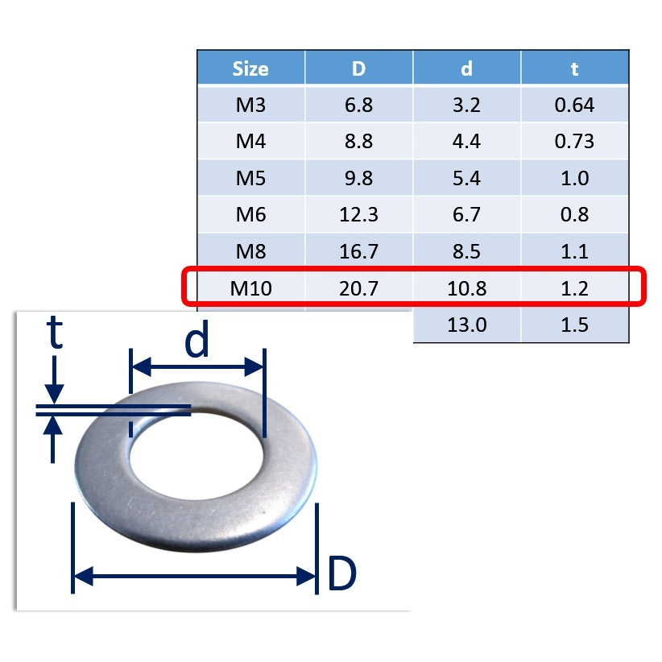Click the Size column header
(250, 68)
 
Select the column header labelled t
(574, 68)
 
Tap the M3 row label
(250, 105)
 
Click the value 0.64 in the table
(574, 105)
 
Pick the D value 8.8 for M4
(358, 142)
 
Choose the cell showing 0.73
(574, 142)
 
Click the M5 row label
(250, 178)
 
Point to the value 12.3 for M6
(358, 215)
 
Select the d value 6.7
(466, 215)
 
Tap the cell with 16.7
(358, 252)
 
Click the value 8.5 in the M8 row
(466, 252)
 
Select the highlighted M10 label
(250, 288)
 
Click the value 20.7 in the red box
(358, 288)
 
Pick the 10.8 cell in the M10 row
(466, 288)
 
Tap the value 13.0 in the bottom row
(466, 325)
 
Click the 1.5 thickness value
(574, 325)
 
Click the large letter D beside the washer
(341, 574)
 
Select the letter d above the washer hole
(197, 342)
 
